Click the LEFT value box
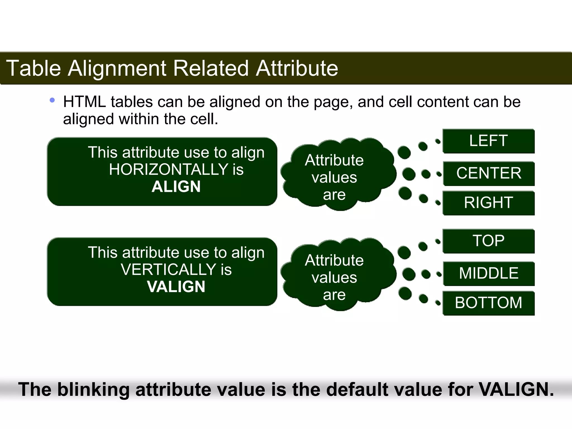tap(488, 141)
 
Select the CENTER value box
tap(488, 173)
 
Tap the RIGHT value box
tap(488, 202)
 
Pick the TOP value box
tap(488, 241)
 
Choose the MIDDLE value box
tap(488, 273)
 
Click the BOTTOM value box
tap(488, 303)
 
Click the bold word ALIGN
tap(176, 187)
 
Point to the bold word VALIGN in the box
tap(176, 287)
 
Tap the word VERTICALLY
tap(169, 270)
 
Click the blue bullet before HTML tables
tap(52, 100)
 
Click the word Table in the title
tap(34, 68)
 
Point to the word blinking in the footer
tap(93, 390)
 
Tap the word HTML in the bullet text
tap(85, 102)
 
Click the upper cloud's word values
tap(334, 178)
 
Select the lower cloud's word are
tap(334, 295)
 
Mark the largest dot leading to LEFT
tap(404, 152)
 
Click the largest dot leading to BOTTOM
tap(405, 294)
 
